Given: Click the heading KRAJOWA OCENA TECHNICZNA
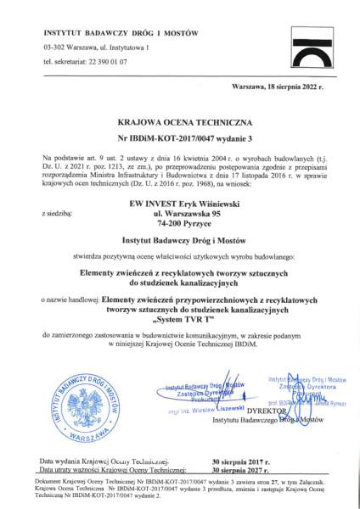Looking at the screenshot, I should pos(179,121).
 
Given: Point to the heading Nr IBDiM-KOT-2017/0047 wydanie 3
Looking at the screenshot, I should pos(179,137).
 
